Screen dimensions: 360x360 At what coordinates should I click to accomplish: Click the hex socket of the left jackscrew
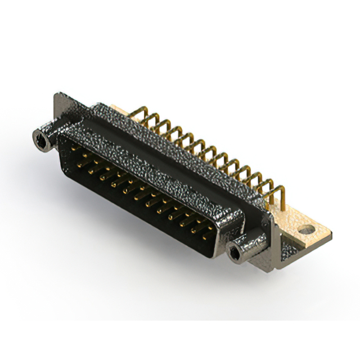pos(40,137)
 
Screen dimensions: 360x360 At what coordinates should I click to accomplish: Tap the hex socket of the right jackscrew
pos(235,253)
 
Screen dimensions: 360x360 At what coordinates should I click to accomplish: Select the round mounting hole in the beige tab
pos(305,229)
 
